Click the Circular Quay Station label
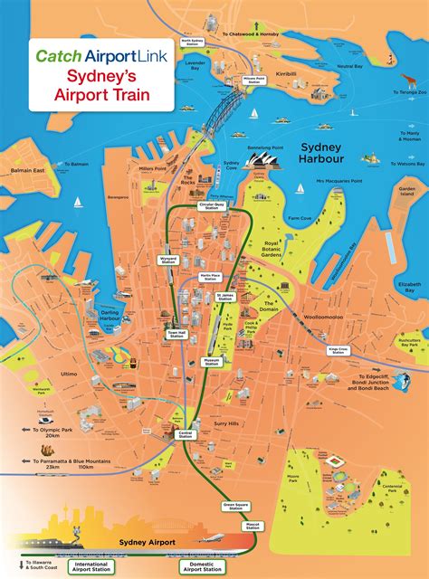click(210, 206)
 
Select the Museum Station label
click(211, 361)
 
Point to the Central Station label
click(184, 435)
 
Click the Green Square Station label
click(235, 506)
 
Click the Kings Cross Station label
click(338, 349)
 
